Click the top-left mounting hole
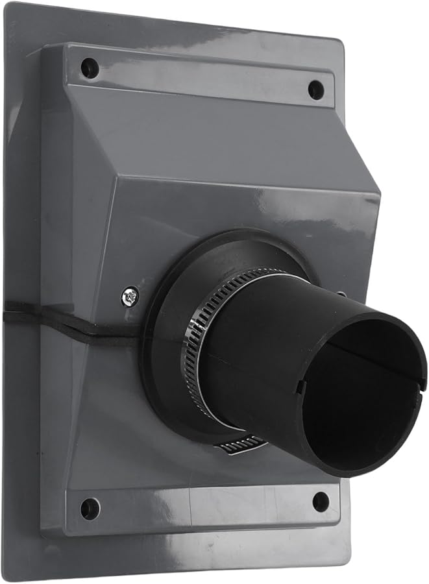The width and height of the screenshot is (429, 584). (90, 67)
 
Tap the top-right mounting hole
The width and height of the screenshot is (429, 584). (315, 90)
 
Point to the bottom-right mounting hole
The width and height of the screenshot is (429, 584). (321, 500)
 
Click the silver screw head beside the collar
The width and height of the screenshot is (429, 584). (130, 297)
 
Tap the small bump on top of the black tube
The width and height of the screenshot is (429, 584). (342, 295)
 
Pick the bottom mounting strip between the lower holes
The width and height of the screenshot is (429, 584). (201, 507)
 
